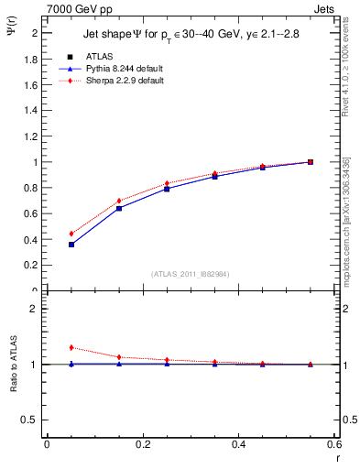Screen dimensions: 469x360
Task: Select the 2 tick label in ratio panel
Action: pyautogui.click(x=34, y=309)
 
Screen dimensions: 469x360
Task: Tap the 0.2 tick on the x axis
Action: pyautogui.click(x=142, y=444)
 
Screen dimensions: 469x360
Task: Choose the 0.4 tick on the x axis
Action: pyautogui.click(x=238, y=444)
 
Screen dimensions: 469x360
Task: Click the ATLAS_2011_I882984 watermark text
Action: pyautogui.click(x=191, y=274)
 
